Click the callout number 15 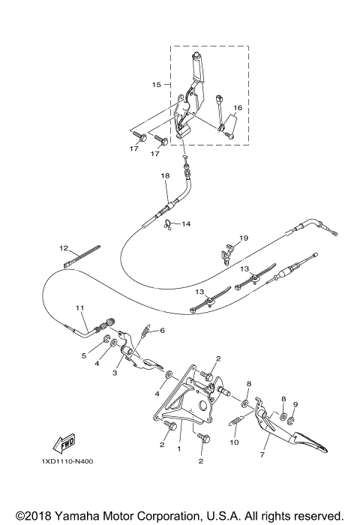tap(157, 85)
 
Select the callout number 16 tap(237, 108)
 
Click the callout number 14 tap(187, 224)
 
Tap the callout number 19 tap(243, 238)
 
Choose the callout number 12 tap(64, 247)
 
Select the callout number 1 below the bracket tap(179, 449)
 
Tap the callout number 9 tap(295, 405)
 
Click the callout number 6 tap(162, 331)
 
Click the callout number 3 tap(115, 372)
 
